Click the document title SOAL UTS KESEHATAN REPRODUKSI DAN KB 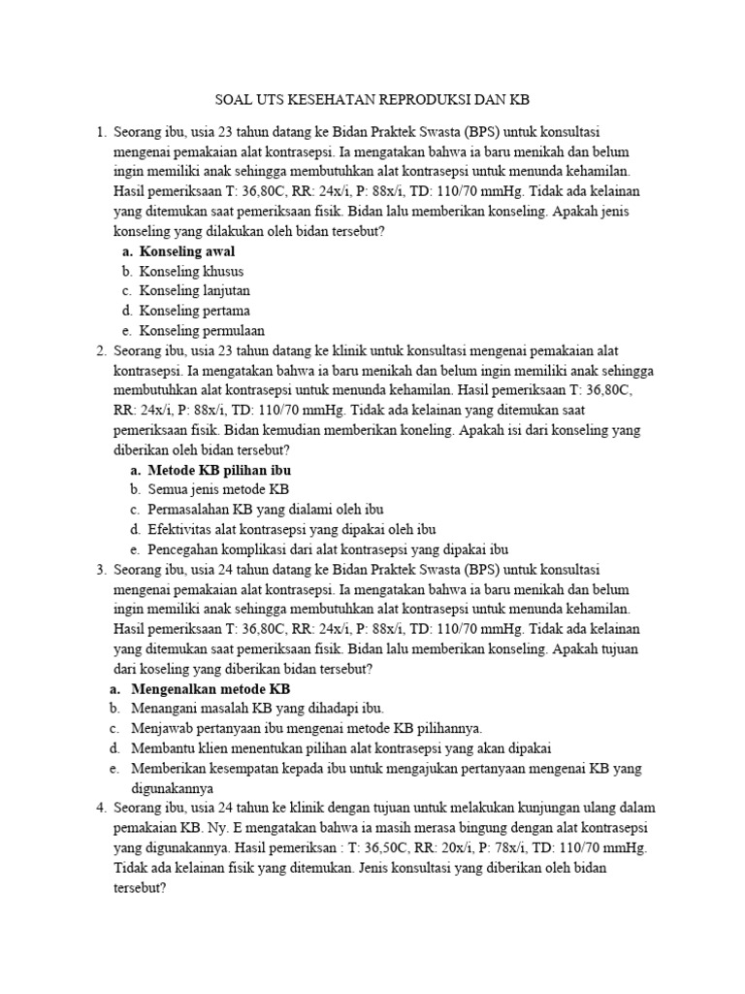372,100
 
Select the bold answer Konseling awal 187,251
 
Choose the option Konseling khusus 191,271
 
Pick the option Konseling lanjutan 195,290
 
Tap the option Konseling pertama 194,311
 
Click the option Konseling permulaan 202,330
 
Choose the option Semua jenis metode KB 219,489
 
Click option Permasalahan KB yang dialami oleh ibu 267,509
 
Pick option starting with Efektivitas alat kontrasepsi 292,529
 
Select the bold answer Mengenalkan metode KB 211,688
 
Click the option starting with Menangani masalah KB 258,708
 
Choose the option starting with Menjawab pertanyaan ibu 307,728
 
